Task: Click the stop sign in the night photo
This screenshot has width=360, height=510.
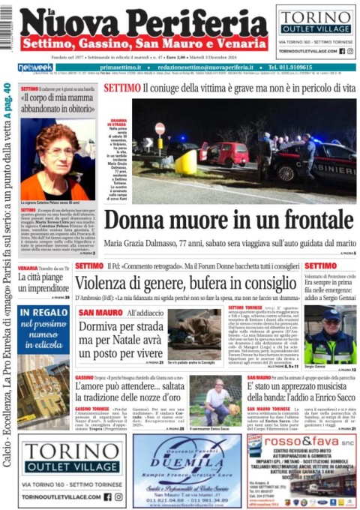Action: point(159,128)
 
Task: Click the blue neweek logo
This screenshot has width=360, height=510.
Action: point(35,67)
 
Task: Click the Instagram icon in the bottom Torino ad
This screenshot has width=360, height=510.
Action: point(118,496)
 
